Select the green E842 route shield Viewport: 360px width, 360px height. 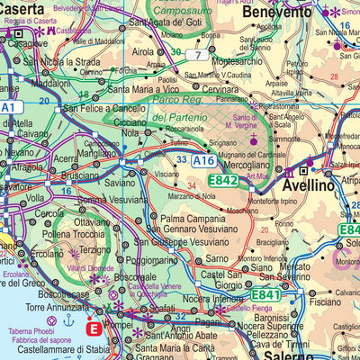[x=223, y=181]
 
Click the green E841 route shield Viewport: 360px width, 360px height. [x=266, y=294]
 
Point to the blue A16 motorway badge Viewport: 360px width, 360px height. [x=203, y=160]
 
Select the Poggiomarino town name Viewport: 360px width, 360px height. [x=164, y=259]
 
